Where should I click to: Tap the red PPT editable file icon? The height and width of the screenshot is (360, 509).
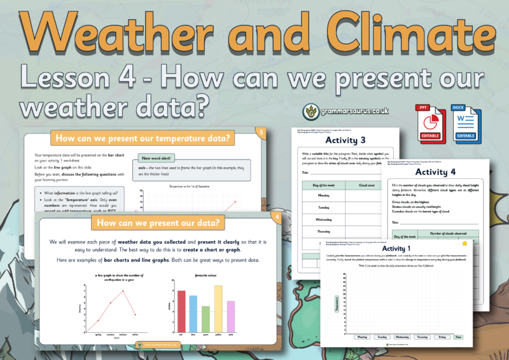coord(428,121)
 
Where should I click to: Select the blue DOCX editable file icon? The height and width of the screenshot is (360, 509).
coord(463,121)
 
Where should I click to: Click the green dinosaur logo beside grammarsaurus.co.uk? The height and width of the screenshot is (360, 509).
coord(310,111)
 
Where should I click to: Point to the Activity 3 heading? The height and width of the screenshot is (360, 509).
coord(345,141)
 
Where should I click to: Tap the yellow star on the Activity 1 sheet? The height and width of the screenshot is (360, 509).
coord(464,243)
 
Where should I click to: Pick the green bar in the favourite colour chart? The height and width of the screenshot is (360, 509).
coord(206,318)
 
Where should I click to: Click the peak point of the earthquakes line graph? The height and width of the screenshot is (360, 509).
coord(122,291)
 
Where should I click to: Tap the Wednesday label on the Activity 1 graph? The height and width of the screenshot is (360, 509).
coord(402,336)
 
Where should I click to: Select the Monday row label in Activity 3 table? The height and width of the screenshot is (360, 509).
coord(323,195)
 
